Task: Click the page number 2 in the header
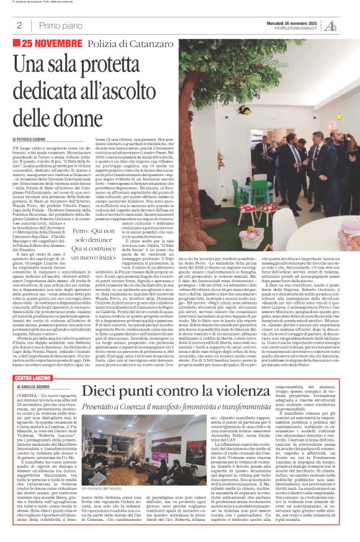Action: click(x=20, y=25)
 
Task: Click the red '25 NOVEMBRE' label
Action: click(x=52, y=43)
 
